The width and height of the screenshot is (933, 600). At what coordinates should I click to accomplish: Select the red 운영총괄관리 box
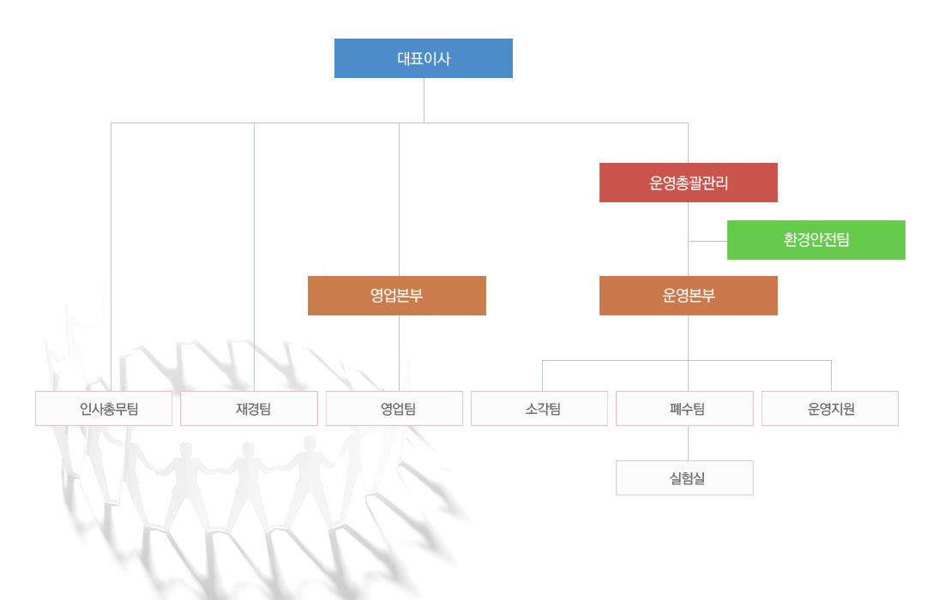pyautogui.click(x=688, y=183)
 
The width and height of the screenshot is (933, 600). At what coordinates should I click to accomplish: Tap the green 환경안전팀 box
pyautogui.click(x=816, y=240)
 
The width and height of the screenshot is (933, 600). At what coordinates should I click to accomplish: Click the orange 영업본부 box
pyautogui.click(x=396, y=296)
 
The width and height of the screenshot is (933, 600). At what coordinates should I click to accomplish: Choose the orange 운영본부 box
pyautogui.click(x=688, y=296)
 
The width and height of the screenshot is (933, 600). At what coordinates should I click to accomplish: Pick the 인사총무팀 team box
pyautogui.click(x=104, y=409)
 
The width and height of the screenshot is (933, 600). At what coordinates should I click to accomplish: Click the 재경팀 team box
pyautogui.click(x=249, y=409)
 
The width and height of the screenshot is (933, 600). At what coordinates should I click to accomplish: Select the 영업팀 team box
pyautogui.click(x=394, y=409)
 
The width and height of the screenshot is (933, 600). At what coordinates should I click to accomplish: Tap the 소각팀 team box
pyautogui.click(x=539, y=409)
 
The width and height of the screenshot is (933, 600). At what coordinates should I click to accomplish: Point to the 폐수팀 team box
pyautogui.click(x=684, y=409)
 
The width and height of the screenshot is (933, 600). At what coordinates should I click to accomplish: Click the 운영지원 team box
pyautogui.click(x=830, y=409)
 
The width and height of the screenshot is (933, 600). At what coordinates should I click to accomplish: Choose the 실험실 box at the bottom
pyautogui.click(x=684, y=478)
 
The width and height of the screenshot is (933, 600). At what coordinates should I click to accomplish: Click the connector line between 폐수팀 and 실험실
pyautogui.click(x=688, y=443)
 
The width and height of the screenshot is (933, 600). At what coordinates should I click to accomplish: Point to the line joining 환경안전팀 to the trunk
pyautogui.click(x=707, y=242)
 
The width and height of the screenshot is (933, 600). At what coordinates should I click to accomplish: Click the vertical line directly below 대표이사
pyautogui.click(x=424, y=100)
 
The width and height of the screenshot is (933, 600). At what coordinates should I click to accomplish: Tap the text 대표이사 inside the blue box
pyautogui.click(x=424, y=59)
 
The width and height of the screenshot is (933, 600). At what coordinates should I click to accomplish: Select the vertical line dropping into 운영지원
pyautogui.click(x=831, y=375)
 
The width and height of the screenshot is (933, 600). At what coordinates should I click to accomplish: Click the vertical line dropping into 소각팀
pyautogui.click(x=542, y=375)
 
